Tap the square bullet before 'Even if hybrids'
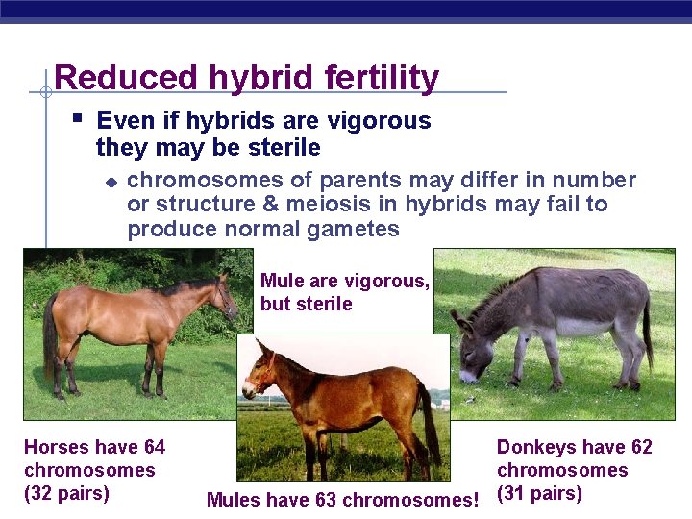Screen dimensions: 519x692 [78, 120]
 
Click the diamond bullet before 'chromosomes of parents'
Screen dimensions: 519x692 [111, 181]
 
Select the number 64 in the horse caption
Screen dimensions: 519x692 [154, 447]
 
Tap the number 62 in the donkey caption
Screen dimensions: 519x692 [640, 447]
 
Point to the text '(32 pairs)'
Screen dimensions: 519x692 [66, 493]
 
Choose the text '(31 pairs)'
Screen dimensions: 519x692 [539, 493]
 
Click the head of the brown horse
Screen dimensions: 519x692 [226, 294]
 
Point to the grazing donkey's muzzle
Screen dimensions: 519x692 [468, 374]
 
